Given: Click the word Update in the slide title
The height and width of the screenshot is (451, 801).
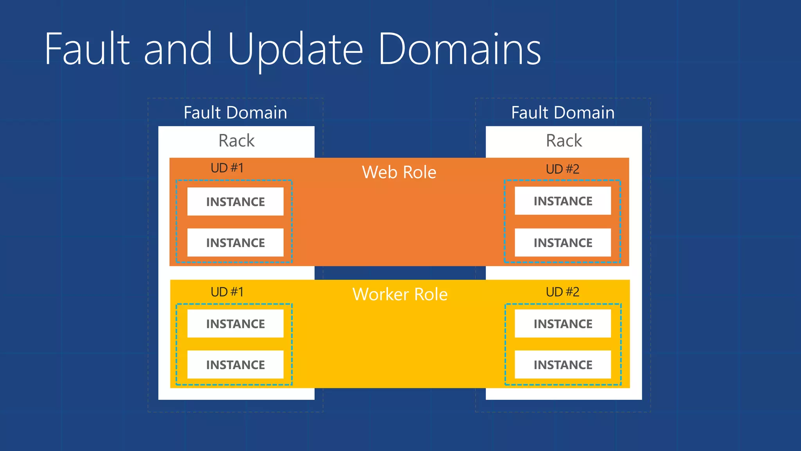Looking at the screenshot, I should pyautogui.click(x=295, y=50).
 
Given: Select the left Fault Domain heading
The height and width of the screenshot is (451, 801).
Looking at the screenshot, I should pyautogui.click(x=235, y=113).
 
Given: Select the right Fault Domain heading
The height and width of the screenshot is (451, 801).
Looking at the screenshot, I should pyautogui.click(x=563, y=113).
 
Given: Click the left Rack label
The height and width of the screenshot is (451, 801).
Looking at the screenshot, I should pyautogui.click(x=236, y=141).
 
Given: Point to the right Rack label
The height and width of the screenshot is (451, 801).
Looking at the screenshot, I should pyautogui.click(x=564, y=141).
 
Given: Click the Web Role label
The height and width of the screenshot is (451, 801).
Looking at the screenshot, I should pyautogui.click(x=399, y=172).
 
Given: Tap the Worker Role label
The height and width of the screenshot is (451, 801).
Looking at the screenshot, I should pyautogui.click(x=400, y=294).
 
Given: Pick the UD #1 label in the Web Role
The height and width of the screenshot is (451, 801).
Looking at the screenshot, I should pyautogui.click(x=227, y=168).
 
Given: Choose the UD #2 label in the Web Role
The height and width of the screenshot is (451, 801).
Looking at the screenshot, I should pyautogui.click(x=562, y=169).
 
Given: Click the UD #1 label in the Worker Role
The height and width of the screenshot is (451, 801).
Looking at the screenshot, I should pyautogui.click(x=227, y=292).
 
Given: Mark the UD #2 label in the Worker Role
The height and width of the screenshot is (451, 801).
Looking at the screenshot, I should pyautogui.click(x=562, y=292).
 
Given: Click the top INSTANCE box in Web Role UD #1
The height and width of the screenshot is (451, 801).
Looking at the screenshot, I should pyautogui.click(x=235, y=202).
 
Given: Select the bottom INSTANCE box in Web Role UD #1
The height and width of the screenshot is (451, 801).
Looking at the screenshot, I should pyautogui.click(x=235, y=243).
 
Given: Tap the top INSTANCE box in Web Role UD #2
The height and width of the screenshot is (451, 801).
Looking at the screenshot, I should pyautogui.click(x=563, y=201).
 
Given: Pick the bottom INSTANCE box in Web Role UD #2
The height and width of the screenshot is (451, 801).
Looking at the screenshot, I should pyautogui.click(x=563, y=243).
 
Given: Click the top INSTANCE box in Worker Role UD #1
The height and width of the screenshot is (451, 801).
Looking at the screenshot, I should pyautogui.click(x=235, y=324).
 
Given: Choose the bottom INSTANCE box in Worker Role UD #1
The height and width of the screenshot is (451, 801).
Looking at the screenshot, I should pyautogui.click(x=235, y=365).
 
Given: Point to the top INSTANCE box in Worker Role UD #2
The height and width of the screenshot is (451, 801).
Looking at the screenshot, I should pyautogui.click(x=563, y=324).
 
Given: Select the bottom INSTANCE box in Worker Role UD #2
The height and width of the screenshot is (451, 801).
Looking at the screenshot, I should pyautogui.click(x=563, y=365).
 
